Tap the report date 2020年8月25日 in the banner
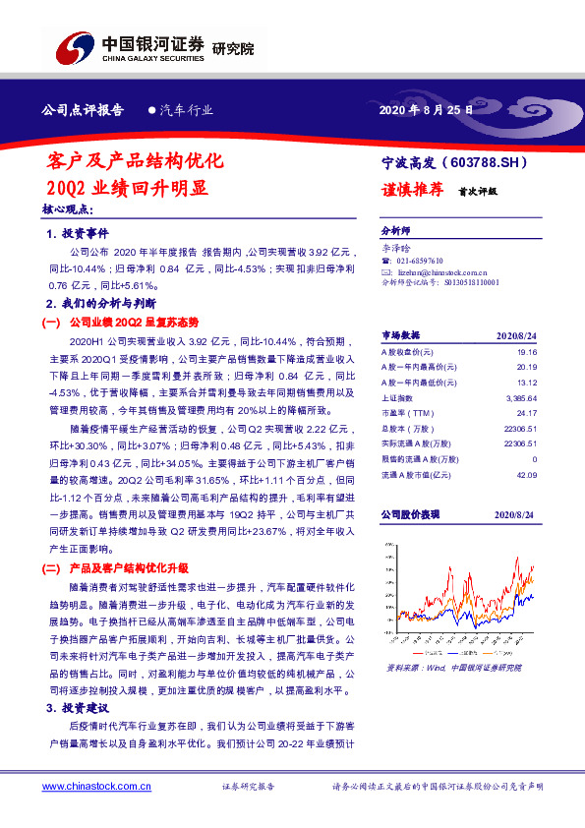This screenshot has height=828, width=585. pos(425,110)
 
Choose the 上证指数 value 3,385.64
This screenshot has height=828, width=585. pos(518,399)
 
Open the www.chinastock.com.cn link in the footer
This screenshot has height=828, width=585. pos(90,788)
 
